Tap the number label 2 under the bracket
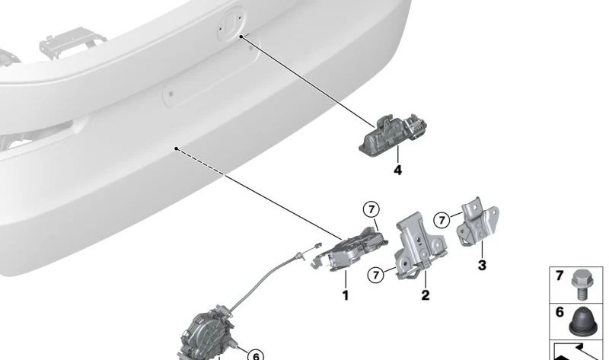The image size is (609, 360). [425, 295]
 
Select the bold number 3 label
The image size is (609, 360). [481, 266]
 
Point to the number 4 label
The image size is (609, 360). [397, 170]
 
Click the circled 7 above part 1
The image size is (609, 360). [370, 209]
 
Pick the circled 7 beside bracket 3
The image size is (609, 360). [442, 220]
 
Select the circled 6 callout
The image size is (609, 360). [256, 355]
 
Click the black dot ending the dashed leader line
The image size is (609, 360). [176, 149]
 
